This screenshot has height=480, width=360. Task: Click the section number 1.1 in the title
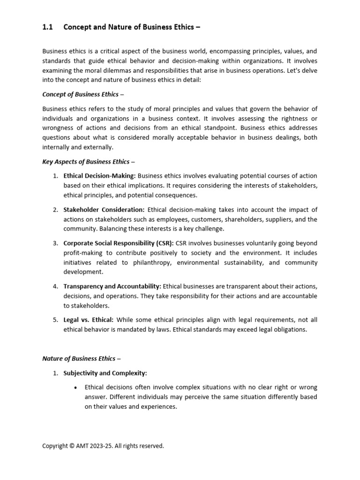tap(47, 27)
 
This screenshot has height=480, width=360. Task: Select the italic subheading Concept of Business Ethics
tap(80, 94)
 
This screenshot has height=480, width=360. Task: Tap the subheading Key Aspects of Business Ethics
tap(89, 162)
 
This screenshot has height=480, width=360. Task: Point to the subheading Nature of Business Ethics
tap(82, 359)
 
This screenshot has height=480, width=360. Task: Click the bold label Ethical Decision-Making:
tap(99, 176)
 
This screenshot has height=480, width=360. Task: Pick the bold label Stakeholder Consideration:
tap(104, 210)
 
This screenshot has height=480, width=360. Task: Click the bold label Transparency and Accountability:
tap(112, 286)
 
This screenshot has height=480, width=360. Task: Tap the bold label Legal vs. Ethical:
tap(89, 320)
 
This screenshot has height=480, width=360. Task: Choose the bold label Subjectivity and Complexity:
tap(105, 373)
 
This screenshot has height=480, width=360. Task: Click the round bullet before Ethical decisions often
tap(76, 388)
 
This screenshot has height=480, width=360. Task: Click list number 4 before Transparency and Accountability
tap(55, 286)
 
